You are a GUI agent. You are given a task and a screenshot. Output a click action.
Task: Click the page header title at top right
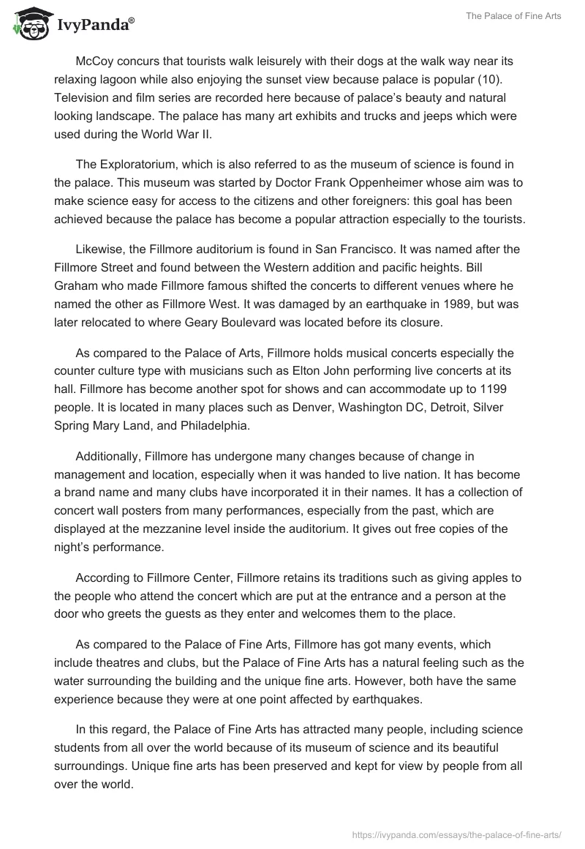(x=514, y=16)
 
